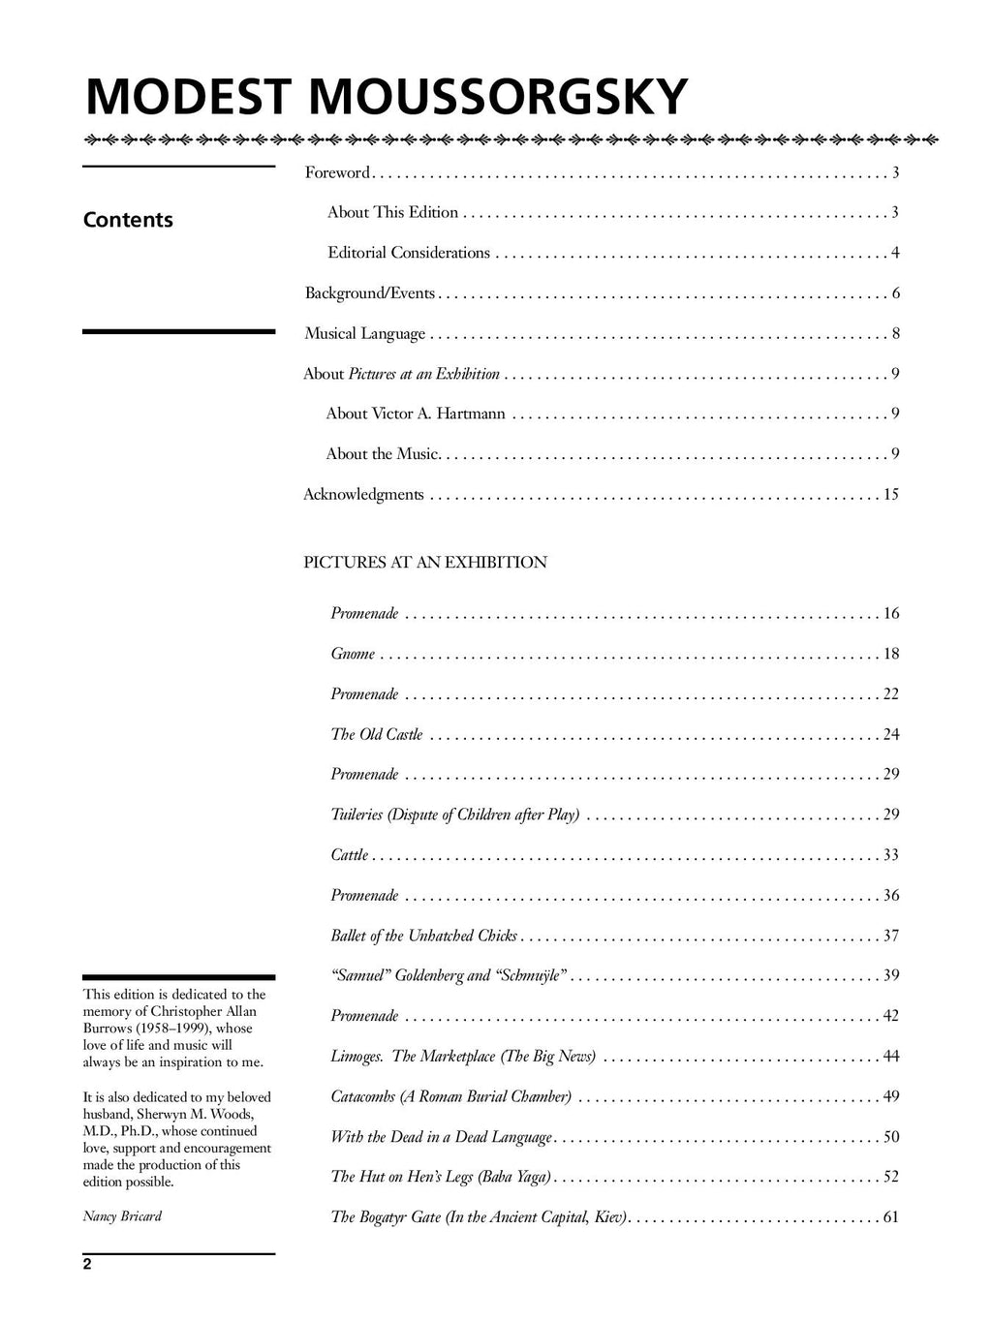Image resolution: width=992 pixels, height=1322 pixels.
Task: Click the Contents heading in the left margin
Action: click(x=128, y=220)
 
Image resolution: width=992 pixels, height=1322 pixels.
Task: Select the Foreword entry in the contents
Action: click(x=337, y=172)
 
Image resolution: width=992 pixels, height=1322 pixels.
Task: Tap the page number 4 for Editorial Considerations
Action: click(x=895, y=253)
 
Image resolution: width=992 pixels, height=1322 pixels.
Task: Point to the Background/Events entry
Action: click(x=370, y=293)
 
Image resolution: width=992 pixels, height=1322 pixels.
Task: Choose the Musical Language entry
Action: click(x=365, y=334)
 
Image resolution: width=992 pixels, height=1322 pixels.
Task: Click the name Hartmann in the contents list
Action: click(x=471, y=414)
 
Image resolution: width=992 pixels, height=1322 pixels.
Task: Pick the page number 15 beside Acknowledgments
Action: click(x=890, y=494)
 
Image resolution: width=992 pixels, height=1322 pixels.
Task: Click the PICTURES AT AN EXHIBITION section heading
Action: click(x=425, y=562)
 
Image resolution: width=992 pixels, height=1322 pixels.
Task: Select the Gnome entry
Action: click(x=353, y=654)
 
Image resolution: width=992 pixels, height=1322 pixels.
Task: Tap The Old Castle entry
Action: click(x=377, y=734)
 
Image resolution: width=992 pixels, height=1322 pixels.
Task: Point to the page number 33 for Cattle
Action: click(x=890, y=855)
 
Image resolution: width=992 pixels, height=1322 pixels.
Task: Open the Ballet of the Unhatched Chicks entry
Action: click(x=424, y=936)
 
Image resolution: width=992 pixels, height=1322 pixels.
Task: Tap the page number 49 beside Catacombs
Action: click(x=890, y=1096)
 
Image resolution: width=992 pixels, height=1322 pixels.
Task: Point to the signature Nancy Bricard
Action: click(x=122, y=1215)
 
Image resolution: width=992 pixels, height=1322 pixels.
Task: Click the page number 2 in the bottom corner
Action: click(x=87, y=1264)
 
